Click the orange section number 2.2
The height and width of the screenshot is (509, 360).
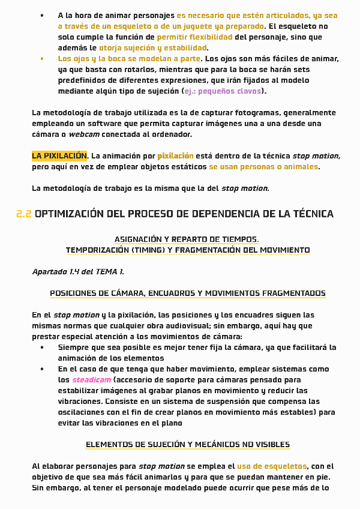23,214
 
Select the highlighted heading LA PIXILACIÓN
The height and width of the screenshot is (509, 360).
59,155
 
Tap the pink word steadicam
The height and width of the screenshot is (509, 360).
91,380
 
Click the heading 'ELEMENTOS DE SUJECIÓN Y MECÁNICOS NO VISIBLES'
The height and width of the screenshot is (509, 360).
188,445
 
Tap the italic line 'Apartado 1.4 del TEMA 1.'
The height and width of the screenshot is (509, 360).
78,272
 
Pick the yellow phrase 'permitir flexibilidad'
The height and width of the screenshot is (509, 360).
194,37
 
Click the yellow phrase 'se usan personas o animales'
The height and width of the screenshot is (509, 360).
264,167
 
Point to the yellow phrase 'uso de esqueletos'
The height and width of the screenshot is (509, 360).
272,466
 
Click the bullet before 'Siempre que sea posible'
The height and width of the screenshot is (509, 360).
42,348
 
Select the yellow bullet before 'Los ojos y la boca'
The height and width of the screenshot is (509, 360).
42,59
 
